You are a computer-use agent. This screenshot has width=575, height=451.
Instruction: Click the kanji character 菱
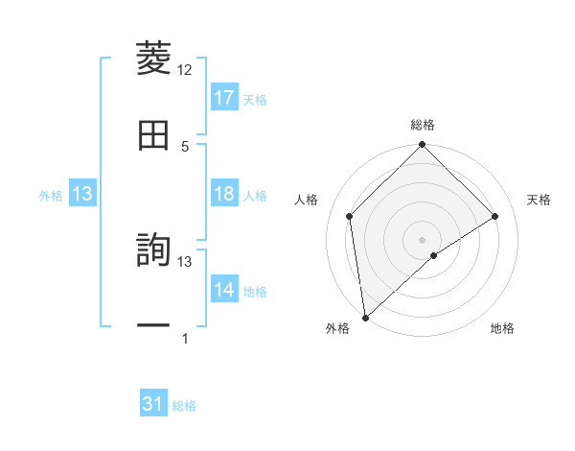click(154, 59)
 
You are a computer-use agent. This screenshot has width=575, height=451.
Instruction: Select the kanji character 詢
click(154, 251)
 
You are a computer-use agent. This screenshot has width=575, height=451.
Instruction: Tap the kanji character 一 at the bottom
click(154, 327)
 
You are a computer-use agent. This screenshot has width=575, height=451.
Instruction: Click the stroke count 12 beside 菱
click(185, 70)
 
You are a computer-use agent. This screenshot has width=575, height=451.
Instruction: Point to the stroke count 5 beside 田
click(185, 146)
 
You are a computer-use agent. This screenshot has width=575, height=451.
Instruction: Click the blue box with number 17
click(224, 98)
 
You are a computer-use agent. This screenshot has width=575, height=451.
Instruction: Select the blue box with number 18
click(224, 194)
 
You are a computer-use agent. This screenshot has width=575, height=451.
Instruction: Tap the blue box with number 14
click(224, 290)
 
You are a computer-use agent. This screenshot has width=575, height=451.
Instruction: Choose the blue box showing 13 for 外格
click(81, 195)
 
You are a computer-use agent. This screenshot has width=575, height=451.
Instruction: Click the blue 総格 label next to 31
click(184, 406)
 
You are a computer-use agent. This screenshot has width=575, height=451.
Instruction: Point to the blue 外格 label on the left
click(51, 196)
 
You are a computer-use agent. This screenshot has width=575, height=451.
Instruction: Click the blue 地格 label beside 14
click(255, 291)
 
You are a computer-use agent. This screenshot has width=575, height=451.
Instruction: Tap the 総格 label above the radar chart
click(422, 125)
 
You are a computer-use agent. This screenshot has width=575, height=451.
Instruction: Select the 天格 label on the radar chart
click(540, 200)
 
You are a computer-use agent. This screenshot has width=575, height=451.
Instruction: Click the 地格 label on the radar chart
click(502, 328)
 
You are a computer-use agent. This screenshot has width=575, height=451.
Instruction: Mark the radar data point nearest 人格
click(350, 216)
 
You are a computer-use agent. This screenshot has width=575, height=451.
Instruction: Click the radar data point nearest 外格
click(365, 317)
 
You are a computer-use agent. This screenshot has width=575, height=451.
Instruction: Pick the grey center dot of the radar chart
click(422, 239)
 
